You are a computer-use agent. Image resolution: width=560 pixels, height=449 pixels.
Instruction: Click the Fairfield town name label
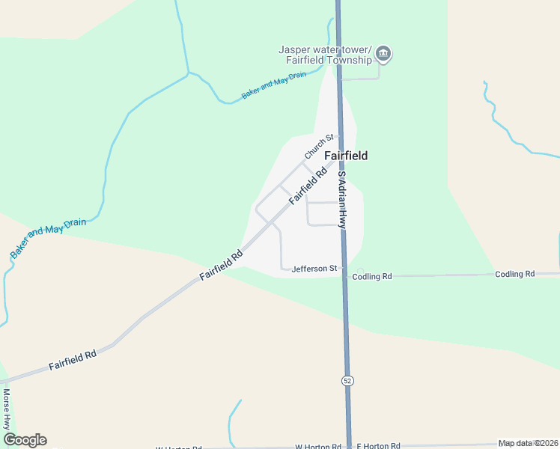click(x=346, y=156)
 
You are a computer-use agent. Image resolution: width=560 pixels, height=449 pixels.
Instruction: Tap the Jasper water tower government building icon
click(x=383, y=54)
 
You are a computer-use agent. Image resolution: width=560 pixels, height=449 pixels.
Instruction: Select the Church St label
click(x=318, y=146)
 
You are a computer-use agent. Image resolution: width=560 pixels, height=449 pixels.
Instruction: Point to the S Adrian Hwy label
click(x=341, y=199)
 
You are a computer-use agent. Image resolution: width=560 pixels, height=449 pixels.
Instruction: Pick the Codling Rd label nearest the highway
click(x=372, y=276)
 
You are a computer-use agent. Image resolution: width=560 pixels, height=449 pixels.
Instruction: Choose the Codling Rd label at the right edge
click(x=514, y=274)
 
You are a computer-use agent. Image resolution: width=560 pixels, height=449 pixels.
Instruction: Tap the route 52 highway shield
click(x=347, y=381)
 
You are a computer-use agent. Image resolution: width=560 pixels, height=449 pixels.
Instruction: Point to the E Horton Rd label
click(x=378, y=446)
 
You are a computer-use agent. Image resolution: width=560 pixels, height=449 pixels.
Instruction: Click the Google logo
click(x=25, y=440)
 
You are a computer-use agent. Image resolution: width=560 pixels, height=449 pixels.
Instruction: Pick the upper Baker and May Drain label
click(x=275, y=86)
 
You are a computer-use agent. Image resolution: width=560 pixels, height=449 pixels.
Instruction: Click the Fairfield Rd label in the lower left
click(x=73, y=359)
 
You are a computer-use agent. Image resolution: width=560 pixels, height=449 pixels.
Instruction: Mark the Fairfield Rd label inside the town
click(x=308, y=186)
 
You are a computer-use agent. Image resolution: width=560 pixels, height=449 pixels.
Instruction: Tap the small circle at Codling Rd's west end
click(x=360, y=271)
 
